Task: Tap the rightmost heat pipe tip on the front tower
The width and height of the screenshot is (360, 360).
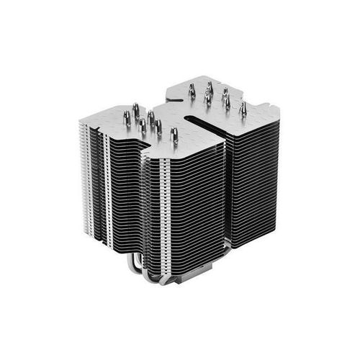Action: [x=174, y=133]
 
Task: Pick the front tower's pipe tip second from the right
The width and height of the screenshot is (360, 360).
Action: [x=158, y=127]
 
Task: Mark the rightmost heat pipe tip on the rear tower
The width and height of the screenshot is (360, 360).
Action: [x=243, y=107]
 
